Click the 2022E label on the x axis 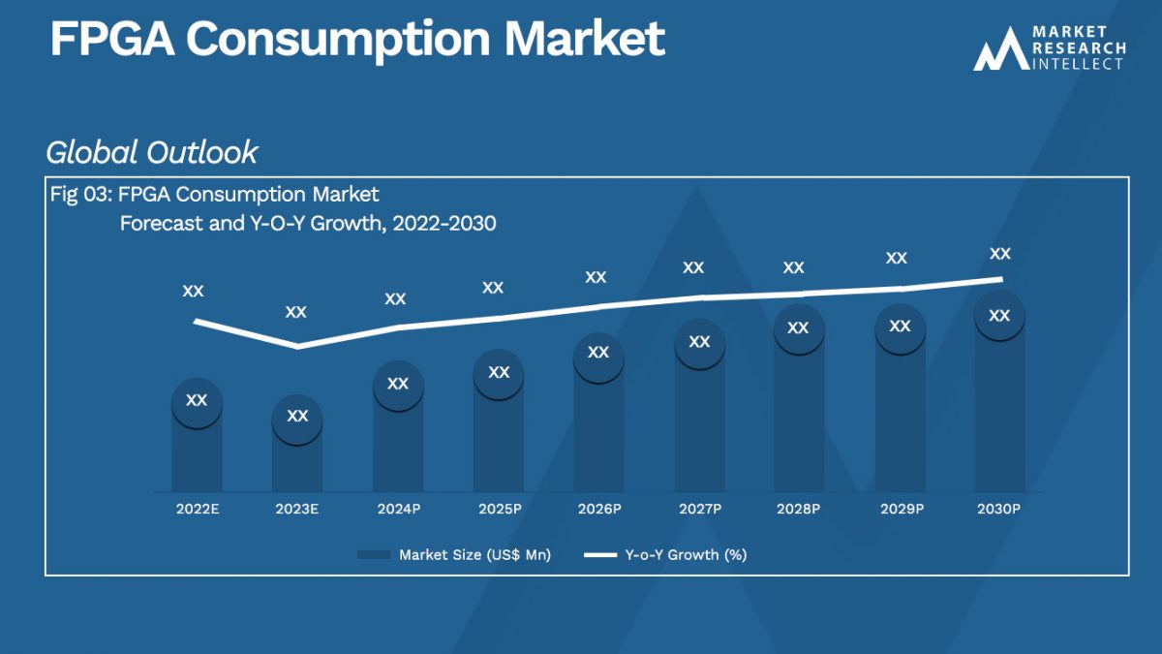click(x=197, y=509)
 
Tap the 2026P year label click(x=598, y=509)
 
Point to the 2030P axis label click(x=999, y=509)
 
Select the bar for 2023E click(x=296, y=460)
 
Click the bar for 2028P click(x=798, y=417)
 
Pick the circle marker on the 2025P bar click(x=498, y=373)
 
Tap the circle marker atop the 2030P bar click(x=999, y=316)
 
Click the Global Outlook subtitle click(x=152, y=152)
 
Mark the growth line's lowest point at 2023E click(x=296, y=346)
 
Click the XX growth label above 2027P click(x=693, y=267)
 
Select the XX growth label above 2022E click(x=193, y=291)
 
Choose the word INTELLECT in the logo click(x=1079, y=63)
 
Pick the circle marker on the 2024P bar click(x=397, y=385)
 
